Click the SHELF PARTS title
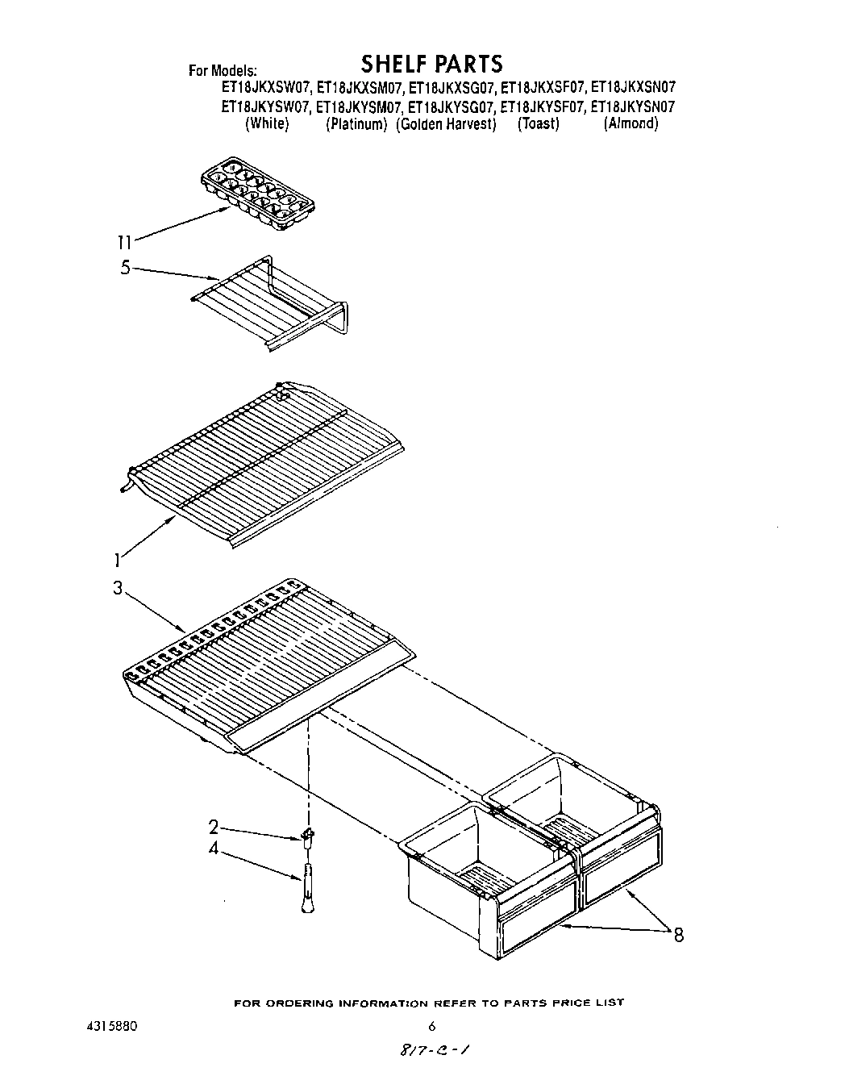[431, 63]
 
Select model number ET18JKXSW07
[265, 87]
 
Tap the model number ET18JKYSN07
[633, 106]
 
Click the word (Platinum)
[356, 124]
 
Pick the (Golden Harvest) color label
[446, 124]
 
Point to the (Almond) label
[631, 124]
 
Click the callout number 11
[123, 240]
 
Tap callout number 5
[125, 268]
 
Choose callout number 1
[118, 558]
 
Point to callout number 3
[118, 589]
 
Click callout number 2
[213, 827]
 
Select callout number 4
[213, 849]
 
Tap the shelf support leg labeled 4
[307, 887]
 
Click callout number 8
[678, 936]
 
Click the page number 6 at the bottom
[432, 1027]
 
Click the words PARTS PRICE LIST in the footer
[564, 1003]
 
